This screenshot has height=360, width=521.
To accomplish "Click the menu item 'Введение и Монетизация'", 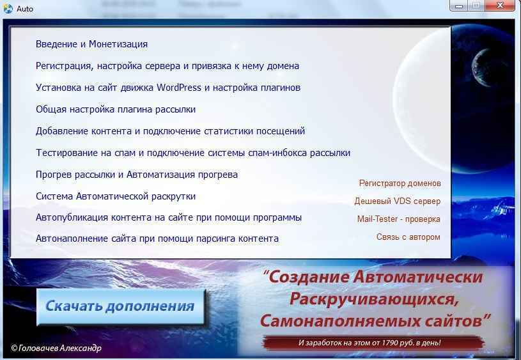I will coord(91,44).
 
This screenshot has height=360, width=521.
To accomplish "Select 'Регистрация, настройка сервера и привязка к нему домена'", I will coord(167,66).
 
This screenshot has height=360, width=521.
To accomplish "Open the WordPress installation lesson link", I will coord(167,88).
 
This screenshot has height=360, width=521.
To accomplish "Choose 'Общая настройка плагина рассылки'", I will coord(115,109).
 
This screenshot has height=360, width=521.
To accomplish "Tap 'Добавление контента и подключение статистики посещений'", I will coord(170,131).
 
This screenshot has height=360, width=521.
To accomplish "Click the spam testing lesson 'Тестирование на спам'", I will coord(192,153).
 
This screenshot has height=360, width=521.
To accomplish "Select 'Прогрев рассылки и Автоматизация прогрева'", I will coord(136,175).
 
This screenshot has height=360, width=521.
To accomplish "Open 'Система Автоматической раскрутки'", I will coord(115,196).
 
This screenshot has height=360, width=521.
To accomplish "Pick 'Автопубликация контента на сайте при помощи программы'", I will coord(168,217).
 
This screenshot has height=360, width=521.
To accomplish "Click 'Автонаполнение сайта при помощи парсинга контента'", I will coord(157,239).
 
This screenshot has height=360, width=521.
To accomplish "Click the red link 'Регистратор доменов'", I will coord(400,183).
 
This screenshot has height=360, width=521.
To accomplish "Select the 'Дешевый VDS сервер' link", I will coord(397,201).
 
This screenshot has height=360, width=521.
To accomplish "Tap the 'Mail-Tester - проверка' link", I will coord(398,219).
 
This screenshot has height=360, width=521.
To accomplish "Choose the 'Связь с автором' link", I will coord(408,237).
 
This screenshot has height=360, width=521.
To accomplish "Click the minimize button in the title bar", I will coord(459,6).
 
